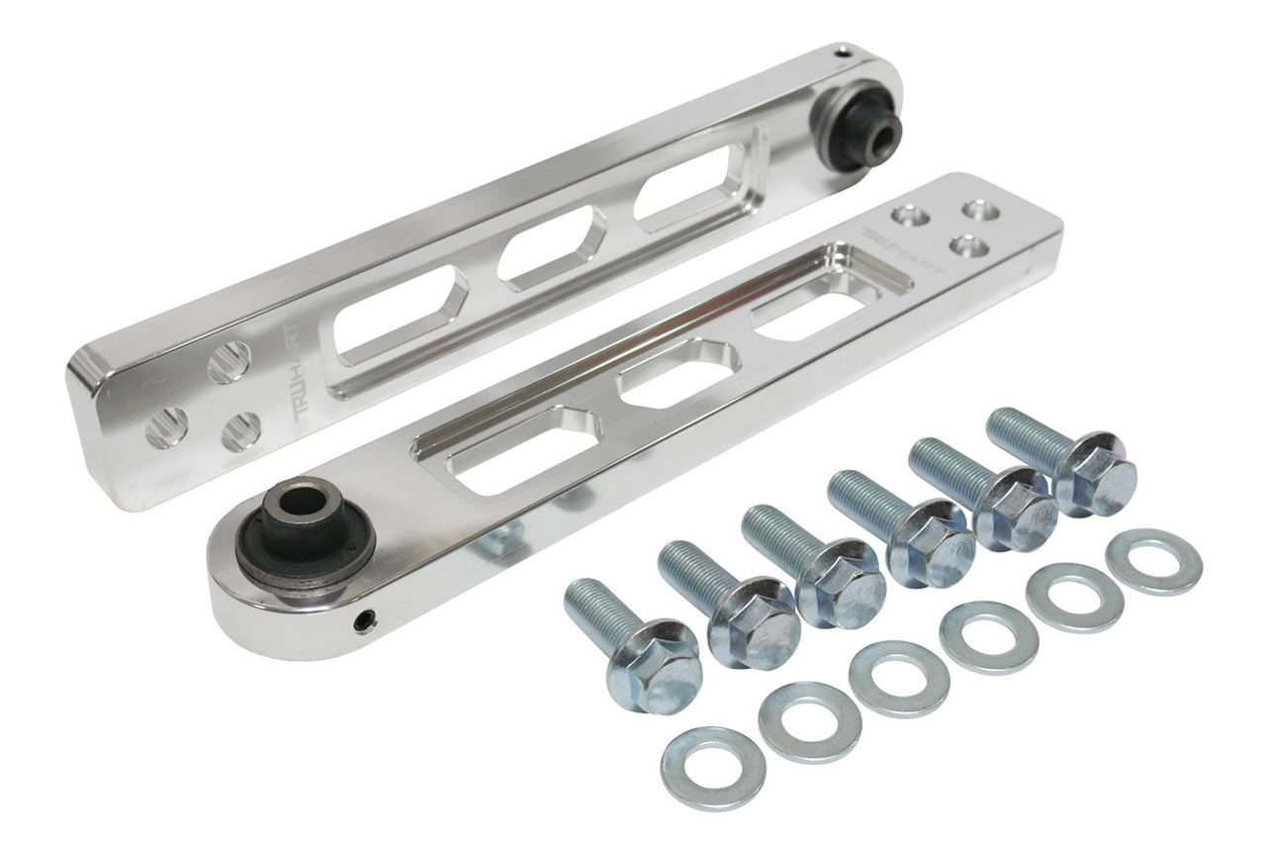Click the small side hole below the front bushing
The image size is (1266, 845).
tap(362, 621)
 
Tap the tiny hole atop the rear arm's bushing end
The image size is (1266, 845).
tap(844, 54)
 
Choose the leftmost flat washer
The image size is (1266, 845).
tap(713, 768)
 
